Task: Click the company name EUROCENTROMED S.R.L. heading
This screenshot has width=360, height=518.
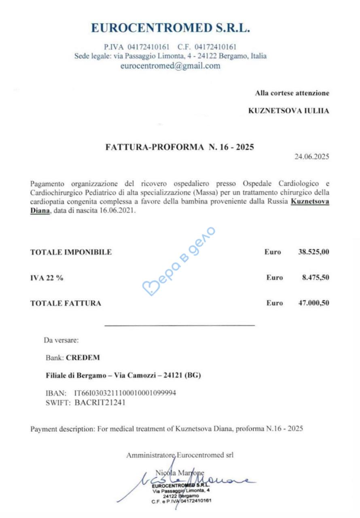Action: tap(170, 28)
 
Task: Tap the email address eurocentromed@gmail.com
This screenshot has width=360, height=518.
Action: tap(170, 66)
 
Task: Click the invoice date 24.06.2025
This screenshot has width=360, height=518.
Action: tap(311, 157)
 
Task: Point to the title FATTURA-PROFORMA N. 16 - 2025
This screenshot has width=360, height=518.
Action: tap(180, 147)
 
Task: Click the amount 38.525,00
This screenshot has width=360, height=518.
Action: tap(313, 252)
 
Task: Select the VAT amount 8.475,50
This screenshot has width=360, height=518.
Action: tap(315, 278)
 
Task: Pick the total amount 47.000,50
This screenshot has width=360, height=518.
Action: tap(313, 303)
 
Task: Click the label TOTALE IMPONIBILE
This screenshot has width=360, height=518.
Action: tap(71, 252)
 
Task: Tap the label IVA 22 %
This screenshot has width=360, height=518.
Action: tap(47, 278)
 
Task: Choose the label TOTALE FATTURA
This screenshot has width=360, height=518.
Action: tap(66, 303)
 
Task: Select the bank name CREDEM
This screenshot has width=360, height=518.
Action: tap(83, 358)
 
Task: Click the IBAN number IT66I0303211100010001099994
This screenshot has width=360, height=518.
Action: tap(125, 393)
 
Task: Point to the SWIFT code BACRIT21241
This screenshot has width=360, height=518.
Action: tap(100, 402)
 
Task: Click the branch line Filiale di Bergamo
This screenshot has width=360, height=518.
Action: tap(123, 376)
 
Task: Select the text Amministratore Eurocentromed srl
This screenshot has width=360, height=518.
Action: tap(180, 455)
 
